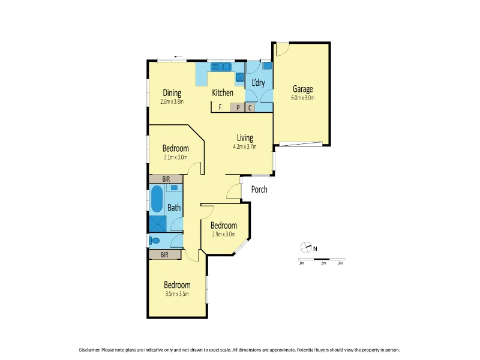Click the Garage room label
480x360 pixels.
[x=303, y=89]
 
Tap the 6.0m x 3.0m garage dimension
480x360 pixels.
[x=303, y=98]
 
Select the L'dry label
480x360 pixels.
[x=258, y=83]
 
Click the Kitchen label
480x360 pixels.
[x=223, y=92]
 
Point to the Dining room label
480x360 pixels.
[x=172, y=92]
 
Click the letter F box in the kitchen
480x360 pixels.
[x=220, y=108]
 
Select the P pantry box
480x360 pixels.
[x=238, y=108]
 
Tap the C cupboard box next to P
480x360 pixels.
[x=250, y=108]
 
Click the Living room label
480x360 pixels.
[x=244, y=137]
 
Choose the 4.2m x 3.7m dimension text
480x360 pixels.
[x=244, y=146]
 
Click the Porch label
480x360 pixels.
[x=259, y=190]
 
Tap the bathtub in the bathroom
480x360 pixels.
[x=157, y=199]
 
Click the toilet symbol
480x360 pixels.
[x=155, y=241]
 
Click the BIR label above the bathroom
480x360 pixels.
[x=166, y=179]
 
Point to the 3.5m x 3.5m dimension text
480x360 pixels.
[x=178, y=294]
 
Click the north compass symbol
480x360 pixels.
[x=306, y=247]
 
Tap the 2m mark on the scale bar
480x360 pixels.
[x=323, y=263]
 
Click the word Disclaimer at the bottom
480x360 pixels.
[x=91, y=350]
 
